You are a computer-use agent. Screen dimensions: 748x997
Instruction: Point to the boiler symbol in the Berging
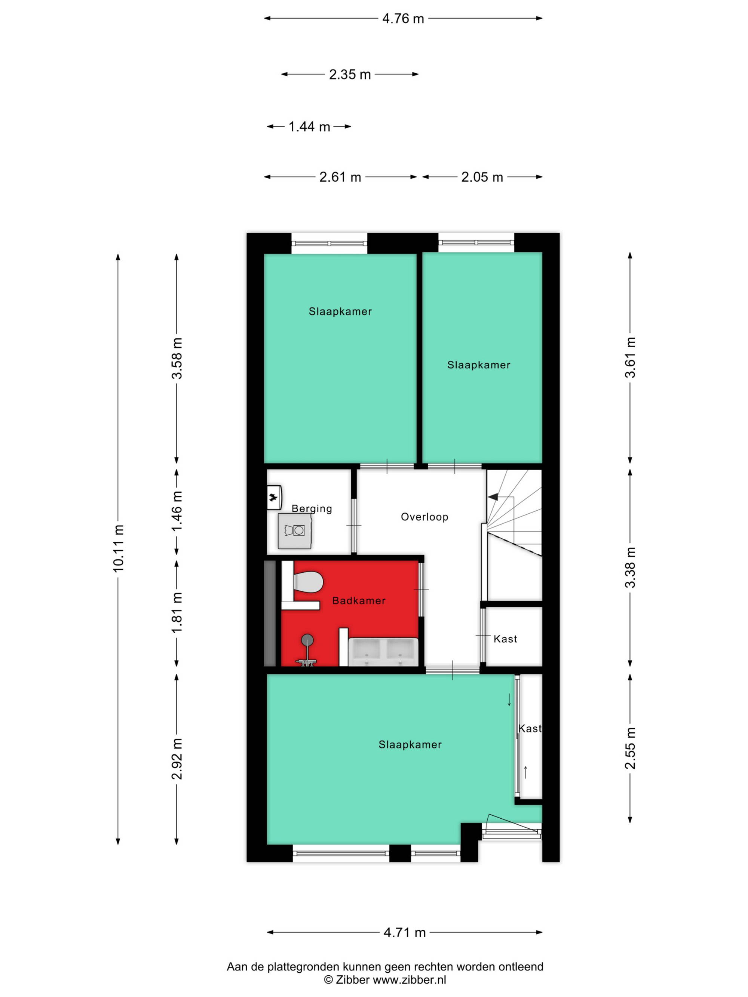274,497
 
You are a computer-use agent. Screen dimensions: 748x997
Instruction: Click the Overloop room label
424,517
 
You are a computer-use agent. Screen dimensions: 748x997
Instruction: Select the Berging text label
312,509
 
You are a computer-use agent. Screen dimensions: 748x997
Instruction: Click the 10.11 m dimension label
118,548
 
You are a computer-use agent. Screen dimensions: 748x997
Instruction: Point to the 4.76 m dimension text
403,18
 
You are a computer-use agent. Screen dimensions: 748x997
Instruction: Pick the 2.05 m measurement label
482,177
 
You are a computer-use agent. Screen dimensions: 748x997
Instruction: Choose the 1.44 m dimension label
309,127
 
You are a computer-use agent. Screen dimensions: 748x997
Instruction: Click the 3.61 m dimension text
630,357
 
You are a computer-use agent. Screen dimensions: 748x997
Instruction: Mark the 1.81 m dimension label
177,613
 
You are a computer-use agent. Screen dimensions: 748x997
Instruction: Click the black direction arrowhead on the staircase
493,497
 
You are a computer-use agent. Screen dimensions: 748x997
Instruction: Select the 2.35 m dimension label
350,74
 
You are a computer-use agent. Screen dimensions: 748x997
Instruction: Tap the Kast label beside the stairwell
505,638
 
